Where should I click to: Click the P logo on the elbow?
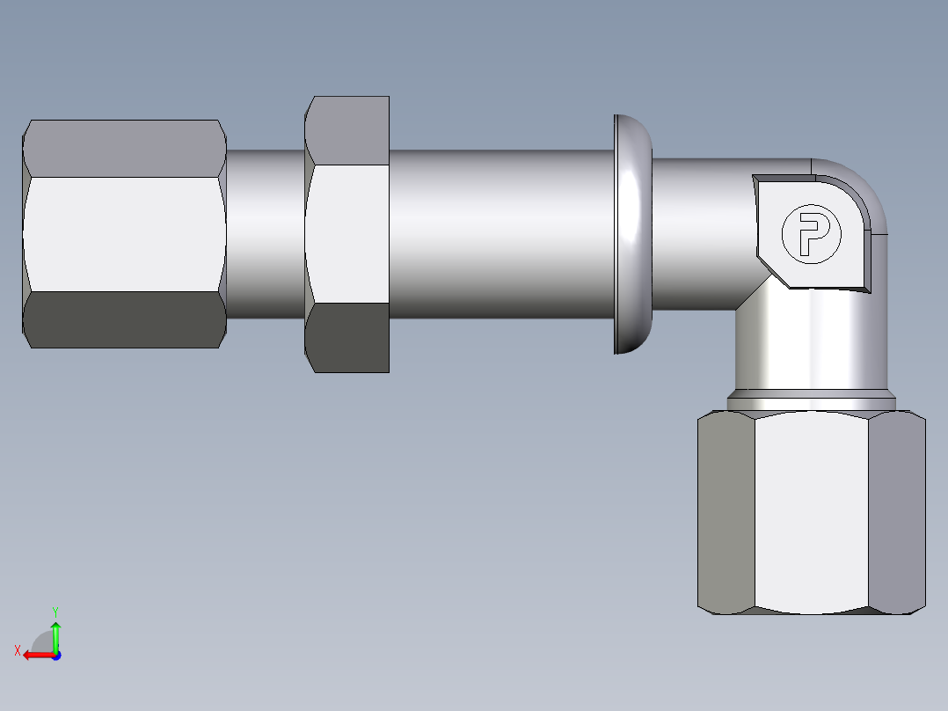pyautogui.click(x=811, y=233)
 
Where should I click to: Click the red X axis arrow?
pyautogui.click(x=35, y=655)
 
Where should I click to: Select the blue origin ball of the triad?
pyautogui.click(x=56, y=655)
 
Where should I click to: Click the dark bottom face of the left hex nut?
pyautogui.click(x=125, y=319)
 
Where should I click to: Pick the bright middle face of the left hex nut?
pyautogui.click(x=125, y=234)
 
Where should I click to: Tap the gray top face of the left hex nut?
pyautogui.click(x=125, y=148)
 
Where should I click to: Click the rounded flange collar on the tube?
pyautogui.click(x=632, y=234)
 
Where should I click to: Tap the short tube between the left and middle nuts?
pyautogui.click(x=266, y=234)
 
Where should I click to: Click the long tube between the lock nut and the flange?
pyautogui.click(x=501, y=234)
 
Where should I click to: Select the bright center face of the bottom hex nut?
pyautogui.click(x=811, y=513)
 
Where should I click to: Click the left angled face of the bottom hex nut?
pyautogui.click(x=726, y=513)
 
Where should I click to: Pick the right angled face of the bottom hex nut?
pyautogui.click(x=897, y=513)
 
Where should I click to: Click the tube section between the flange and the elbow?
pyautogui.click(x=699, y=234)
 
